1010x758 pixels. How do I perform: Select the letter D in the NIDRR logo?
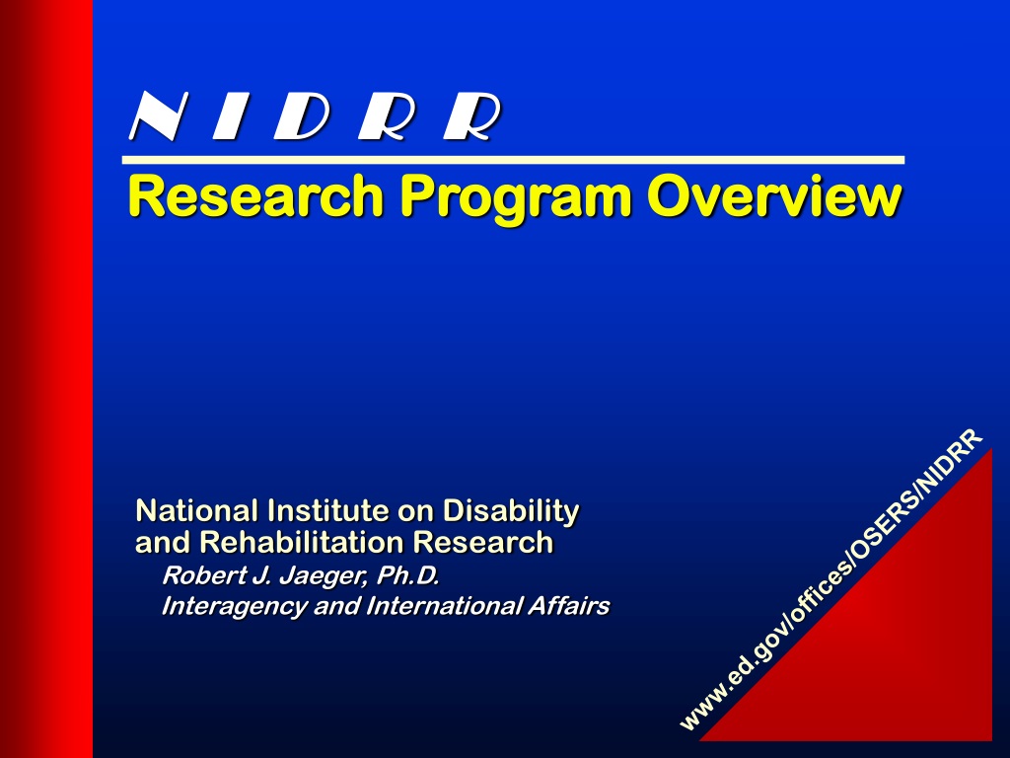tap(302, 115)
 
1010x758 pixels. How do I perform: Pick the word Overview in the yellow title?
tap(773, 195)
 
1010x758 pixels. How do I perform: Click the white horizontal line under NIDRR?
tap(513, 160)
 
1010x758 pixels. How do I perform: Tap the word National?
tap(197, 510)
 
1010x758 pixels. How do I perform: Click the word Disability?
tap(511, 512)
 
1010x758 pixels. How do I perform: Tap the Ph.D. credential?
tap(408, 575)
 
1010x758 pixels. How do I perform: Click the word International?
tap(445, 606)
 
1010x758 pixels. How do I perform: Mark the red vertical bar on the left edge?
tap(46, 379)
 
